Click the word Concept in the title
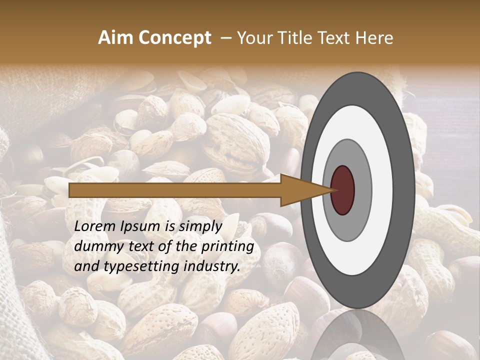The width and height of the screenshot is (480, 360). (174, 38)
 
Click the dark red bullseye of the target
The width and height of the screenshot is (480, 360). (342, 190)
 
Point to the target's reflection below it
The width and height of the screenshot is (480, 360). (357, 335)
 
